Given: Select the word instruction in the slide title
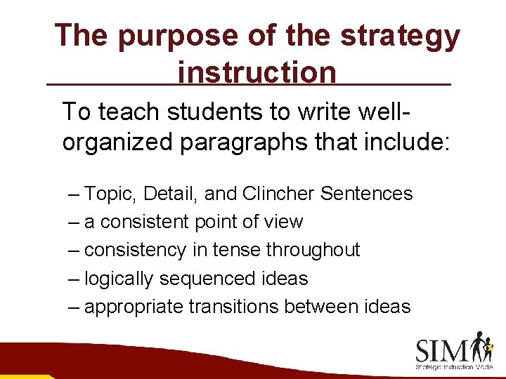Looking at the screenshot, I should (257, 72).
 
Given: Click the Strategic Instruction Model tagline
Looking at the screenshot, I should (453, 367).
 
